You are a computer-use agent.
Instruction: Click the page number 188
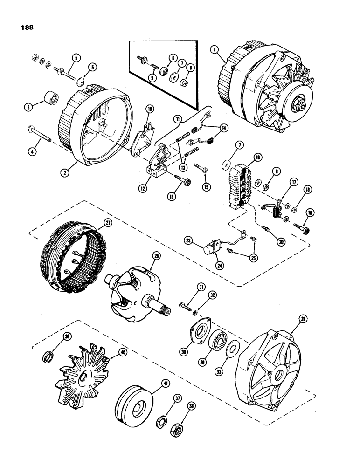[27, 27]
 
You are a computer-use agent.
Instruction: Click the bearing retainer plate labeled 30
[199, 332]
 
